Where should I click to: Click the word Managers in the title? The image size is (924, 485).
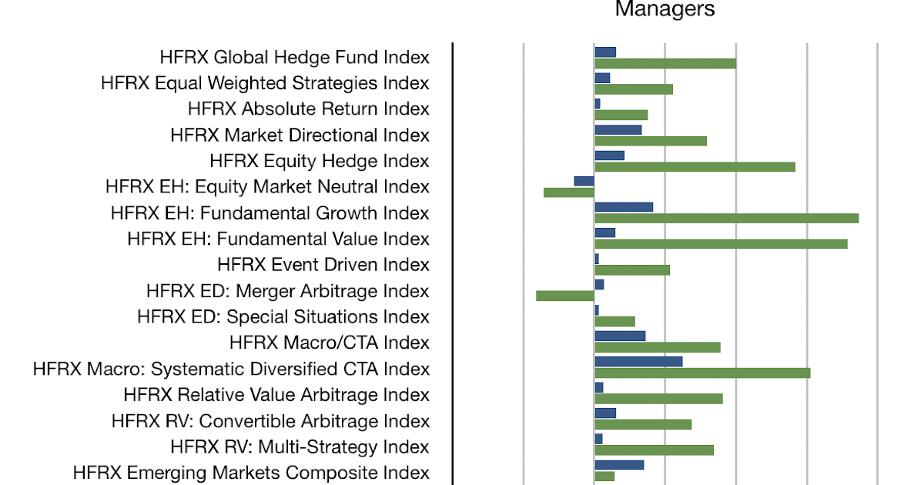coord(665,9)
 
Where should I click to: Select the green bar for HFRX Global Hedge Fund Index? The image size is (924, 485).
coord(665,63)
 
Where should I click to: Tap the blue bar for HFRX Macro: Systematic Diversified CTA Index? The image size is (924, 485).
coord(638,362)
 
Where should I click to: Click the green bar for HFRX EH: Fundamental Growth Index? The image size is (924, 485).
coord(726,218)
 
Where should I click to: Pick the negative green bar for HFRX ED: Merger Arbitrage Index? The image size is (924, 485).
coord(565,296)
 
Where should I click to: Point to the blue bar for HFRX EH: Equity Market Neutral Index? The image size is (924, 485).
coord(584,181)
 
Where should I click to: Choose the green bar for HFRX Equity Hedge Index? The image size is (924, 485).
coord(695,166)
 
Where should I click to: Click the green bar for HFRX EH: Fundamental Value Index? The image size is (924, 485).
coord(721,244)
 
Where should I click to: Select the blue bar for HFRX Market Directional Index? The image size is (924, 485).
coord(618,129)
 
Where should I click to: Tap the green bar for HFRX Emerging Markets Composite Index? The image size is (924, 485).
coord(604,477)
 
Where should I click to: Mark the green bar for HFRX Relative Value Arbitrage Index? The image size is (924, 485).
coord(658,399)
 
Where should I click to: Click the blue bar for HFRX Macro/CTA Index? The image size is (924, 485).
coord(620,336)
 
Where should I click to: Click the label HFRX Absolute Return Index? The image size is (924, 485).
coord(308,109)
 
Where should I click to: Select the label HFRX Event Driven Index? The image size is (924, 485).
coord(323,264)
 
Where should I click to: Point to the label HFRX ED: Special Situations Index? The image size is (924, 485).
coord(283,316)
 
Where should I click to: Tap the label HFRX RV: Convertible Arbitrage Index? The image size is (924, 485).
coord(270,421)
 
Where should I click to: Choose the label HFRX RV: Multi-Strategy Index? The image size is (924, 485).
coord(300,447)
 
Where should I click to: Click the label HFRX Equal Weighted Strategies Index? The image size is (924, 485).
coord(265,82)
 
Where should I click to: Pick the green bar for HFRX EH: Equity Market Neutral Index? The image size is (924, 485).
coord(569,192)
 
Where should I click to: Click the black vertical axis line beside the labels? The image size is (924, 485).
coord(453,262)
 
